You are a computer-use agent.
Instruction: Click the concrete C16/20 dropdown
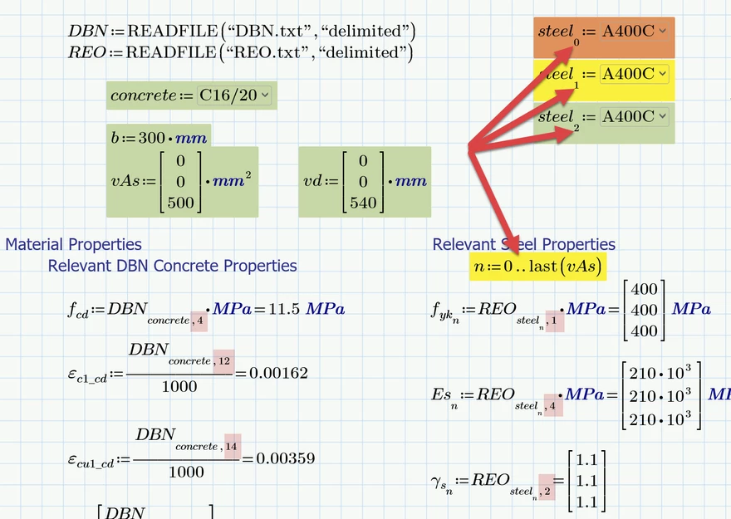[235, 95]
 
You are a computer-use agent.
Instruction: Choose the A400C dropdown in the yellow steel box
[634, 74]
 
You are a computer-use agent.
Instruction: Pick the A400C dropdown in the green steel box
[634, 117]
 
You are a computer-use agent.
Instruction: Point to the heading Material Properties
[73, 244]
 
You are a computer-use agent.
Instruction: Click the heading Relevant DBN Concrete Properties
[172, 266]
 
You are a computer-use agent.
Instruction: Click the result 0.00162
[279, 374]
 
